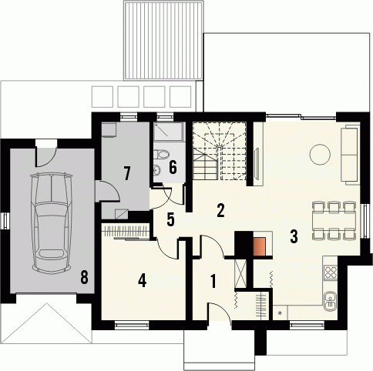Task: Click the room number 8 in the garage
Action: pyautogui.click(x=84, y=277)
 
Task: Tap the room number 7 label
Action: pyautogui.click(x=127, y=173)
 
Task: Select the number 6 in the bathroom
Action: pyautogui.click(x=173, y=167)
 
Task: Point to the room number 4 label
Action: pyautogui.click(x=142, y=280)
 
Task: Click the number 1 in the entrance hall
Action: pyautogui.click(x=213, y=281)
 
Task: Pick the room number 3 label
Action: pyautogui.click(x=294, y=236)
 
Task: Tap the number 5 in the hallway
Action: pyautogui.click(x=170, y=219)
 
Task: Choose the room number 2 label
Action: pyautogui.click(x=220, y=210)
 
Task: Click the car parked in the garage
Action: pyautogui.click(x=52, y=222)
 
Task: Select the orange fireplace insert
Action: pyautogui.click(x=260, y=246)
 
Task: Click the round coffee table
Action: pyautogui.click(x=320, y=154)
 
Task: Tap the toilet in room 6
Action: pyautogui.click(x=161, y=155)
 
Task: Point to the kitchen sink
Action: pyautogui.click(x=330, y=301)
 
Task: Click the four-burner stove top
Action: pyautogui.click(x=331, y=272)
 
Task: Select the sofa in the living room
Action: pyautogui.click(x=349, y=155)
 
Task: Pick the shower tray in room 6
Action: pyautogui.click(x=169, y=132)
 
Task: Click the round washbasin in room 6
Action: pyautogui.click(x=156, y=169)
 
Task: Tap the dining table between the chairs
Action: pyautogui.click(x=334, y=220)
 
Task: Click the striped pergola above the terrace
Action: pyautogui.click(x=163, y=40)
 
